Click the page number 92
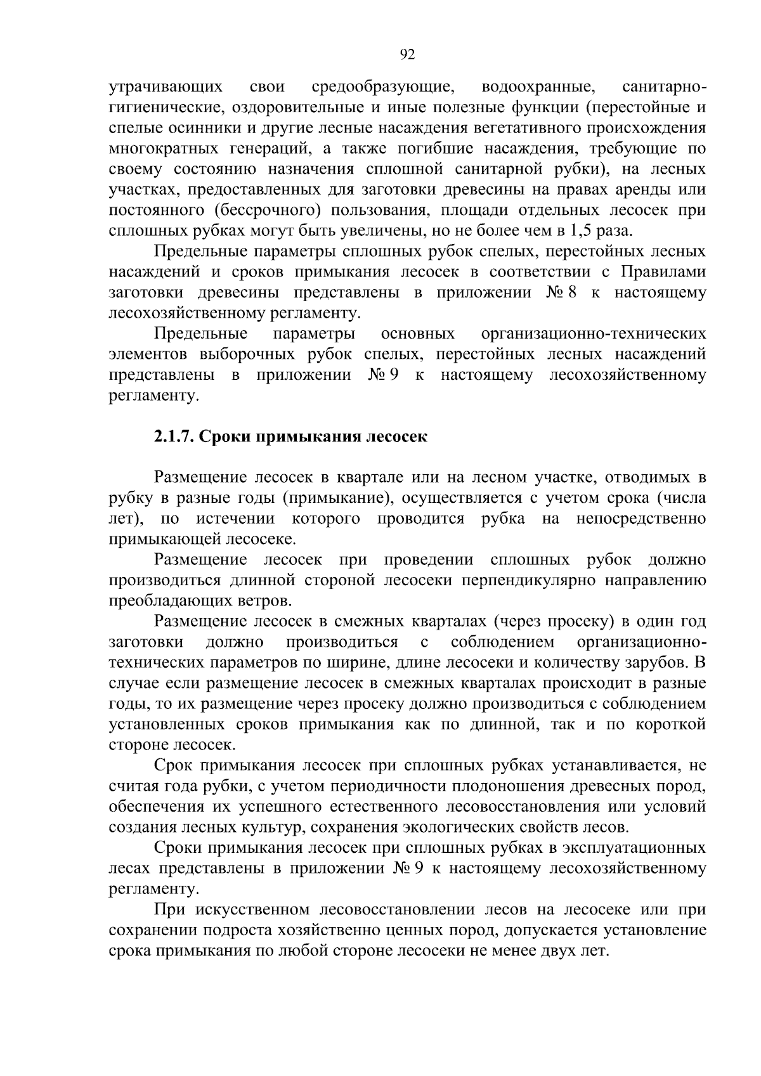[x=408, y=55]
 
